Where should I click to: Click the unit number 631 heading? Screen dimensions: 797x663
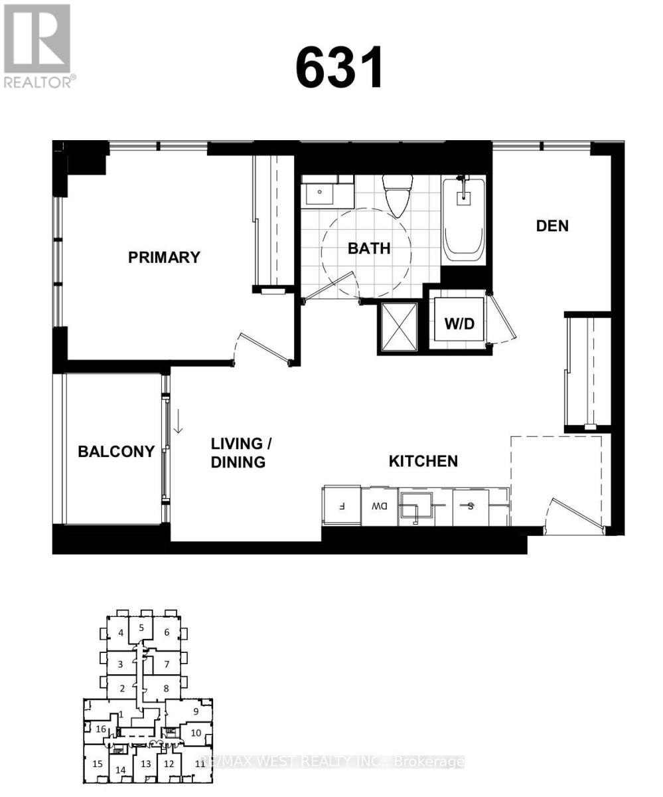[x=340, y=68]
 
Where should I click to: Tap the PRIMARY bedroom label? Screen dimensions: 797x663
[x=164, y=258]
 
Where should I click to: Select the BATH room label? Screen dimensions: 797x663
[x=369, y=249]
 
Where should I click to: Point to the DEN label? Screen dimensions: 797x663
[x=552, y=226]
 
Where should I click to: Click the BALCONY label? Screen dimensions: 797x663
[x=116, y=452]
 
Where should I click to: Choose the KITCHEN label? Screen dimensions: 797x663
[x=423, y=461]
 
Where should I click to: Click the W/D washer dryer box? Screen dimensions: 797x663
[x=459, y=323]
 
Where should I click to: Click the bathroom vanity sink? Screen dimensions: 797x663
[x=320, y=193]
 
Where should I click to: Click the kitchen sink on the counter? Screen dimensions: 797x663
[x=415, y=506]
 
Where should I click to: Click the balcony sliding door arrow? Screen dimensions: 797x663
[x=178, y=420]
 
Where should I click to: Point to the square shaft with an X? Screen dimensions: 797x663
[x=398, y=326]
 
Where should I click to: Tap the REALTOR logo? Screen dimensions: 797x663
[x=38, y=45]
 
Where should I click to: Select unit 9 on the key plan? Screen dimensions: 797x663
[x=196, y=711]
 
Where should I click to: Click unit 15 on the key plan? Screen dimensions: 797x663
[x=98, y=764]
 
